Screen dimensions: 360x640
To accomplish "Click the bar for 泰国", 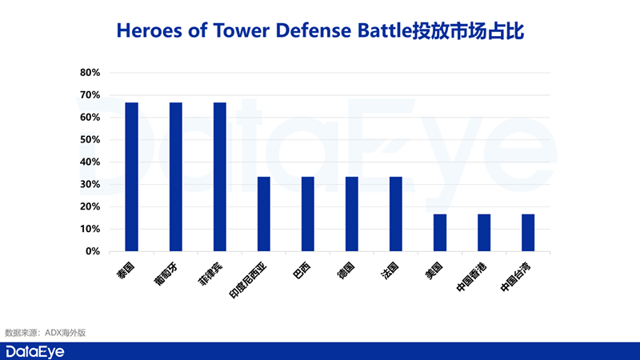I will tap(132, 177).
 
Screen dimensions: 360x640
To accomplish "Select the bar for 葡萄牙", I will tap(176, 177).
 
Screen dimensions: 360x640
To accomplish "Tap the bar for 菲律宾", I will tap(220, 177).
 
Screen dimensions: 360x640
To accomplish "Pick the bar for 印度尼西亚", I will tap(264, 214).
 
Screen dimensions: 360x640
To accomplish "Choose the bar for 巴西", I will tap(308, 214).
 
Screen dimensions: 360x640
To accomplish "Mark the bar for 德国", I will tap(352, 214).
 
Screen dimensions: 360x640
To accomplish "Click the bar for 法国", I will tap(396, 214).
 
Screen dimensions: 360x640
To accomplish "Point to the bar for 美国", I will tap(440, 233).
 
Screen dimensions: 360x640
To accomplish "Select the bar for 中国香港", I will tap(484, 233).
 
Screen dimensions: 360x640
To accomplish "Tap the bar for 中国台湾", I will tap(528, 233).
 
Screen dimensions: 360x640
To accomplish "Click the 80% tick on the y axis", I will tap(90, 73).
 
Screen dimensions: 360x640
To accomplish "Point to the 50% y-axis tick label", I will tap(90, 140).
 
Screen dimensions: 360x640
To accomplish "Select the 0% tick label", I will tap(93, 251).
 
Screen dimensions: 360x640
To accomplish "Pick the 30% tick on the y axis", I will tap(90, 185).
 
